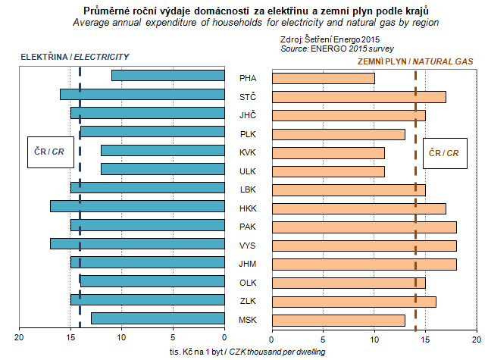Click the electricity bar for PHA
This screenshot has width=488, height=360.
coord(168,76)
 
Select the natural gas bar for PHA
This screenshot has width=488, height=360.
coord(323,78)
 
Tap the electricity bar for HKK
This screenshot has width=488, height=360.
coord(138,206)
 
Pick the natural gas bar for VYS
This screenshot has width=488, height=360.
coord(364,246)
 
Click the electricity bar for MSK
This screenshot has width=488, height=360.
coord(158,318)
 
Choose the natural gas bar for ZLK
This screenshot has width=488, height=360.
coord(354,302)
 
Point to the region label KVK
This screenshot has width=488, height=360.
coord(248,152)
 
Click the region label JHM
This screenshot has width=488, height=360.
coord(248,264)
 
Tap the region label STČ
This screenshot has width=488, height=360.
coord(248,96)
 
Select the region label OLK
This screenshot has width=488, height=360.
coord(248,283)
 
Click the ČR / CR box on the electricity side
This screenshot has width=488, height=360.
coord(46,152)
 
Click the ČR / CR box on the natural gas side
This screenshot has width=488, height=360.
coord(443,152)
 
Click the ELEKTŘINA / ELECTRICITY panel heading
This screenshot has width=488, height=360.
coord(74,57)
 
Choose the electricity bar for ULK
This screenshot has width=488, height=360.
coord(163,169)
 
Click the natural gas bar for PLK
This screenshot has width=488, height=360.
coord(338,134)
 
